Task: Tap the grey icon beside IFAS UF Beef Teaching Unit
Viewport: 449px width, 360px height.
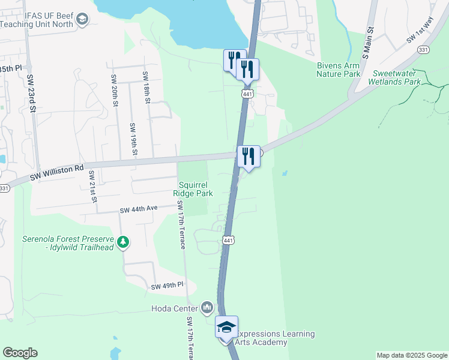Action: pyautogui.click(x=82, y=22)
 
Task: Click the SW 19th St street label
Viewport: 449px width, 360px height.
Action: pyautogui.click(x=134, y=137)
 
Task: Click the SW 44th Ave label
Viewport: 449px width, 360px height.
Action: pyautogui.click(x=138, y=209)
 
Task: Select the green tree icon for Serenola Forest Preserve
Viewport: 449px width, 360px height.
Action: pyautogui.click(x=123, y=242)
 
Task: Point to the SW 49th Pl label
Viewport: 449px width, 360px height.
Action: pyautogui.click(x=167, y=286)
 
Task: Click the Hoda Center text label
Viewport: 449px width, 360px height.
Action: pyautogui.click(x=175, y=308)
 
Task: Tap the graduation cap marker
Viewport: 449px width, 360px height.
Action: pyautogui.click(x=227, y=328)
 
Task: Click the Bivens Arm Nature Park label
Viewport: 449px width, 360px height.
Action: pyautogui.click(x=339, y=70)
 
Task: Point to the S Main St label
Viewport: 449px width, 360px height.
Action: pyautogui.click(x=370, y=37)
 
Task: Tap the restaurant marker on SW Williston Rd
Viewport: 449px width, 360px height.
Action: pyautogui.click(x=249, y=157)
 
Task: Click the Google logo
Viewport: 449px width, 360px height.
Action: pyautogui.click(x=20, y=353)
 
